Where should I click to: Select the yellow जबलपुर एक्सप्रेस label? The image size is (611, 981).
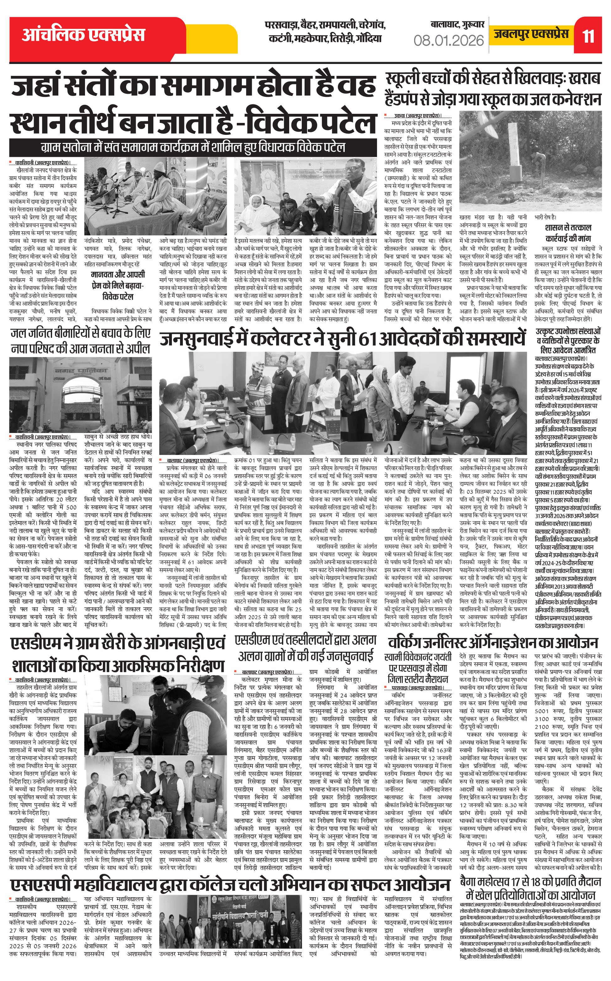tap(531, 34)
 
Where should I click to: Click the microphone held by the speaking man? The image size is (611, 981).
tap(341, 188)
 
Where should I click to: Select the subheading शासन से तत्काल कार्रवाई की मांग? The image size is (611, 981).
tap(567, 233)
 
